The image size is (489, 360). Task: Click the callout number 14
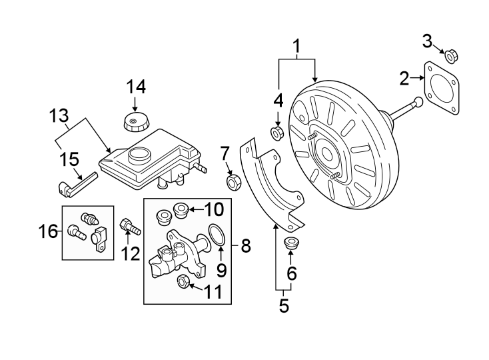click(136, 87)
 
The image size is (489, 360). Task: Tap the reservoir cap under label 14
click(136, 123)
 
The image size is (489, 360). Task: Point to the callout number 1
click(297, 46)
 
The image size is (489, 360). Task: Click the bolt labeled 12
click(129, 227)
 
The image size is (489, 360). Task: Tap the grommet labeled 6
click(291, 243)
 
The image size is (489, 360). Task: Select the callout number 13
click(59, 116)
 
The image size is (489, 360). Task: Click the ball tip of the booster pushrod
click(418, 102)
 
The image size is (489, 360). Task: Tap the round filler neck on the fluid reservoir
click(140, 156)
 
